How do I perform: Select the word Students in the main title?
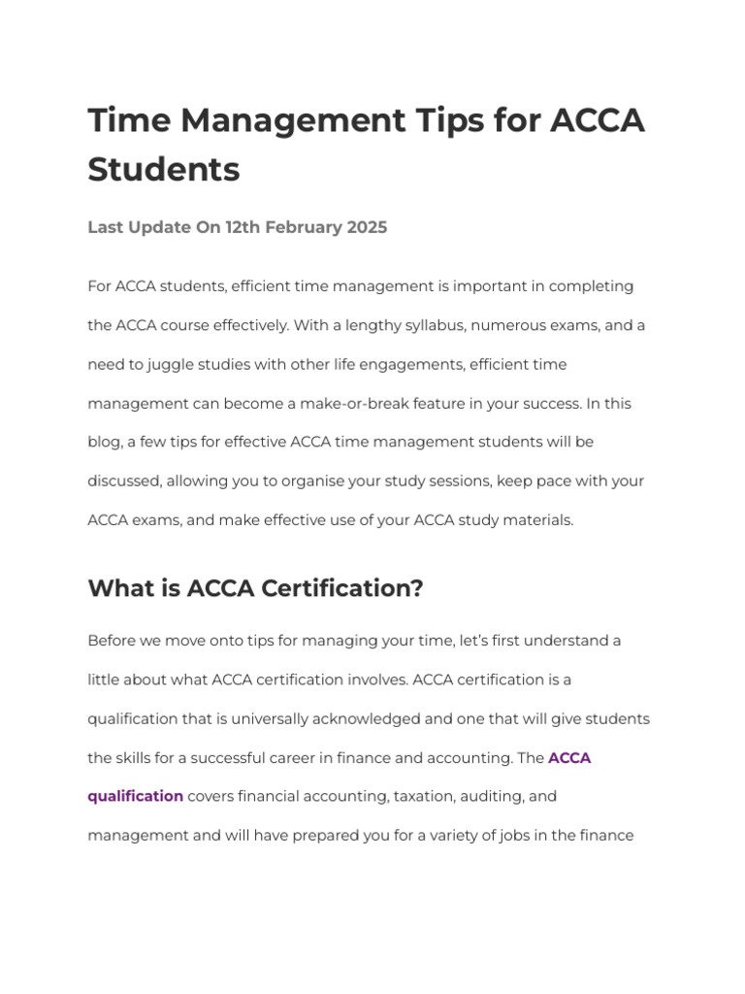coord(164,170)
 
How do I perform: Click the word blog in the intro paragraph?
coord(104,442)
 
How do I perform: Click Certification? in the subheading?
coord(344,589)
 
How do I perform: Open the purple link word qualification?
coord(135,796)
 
